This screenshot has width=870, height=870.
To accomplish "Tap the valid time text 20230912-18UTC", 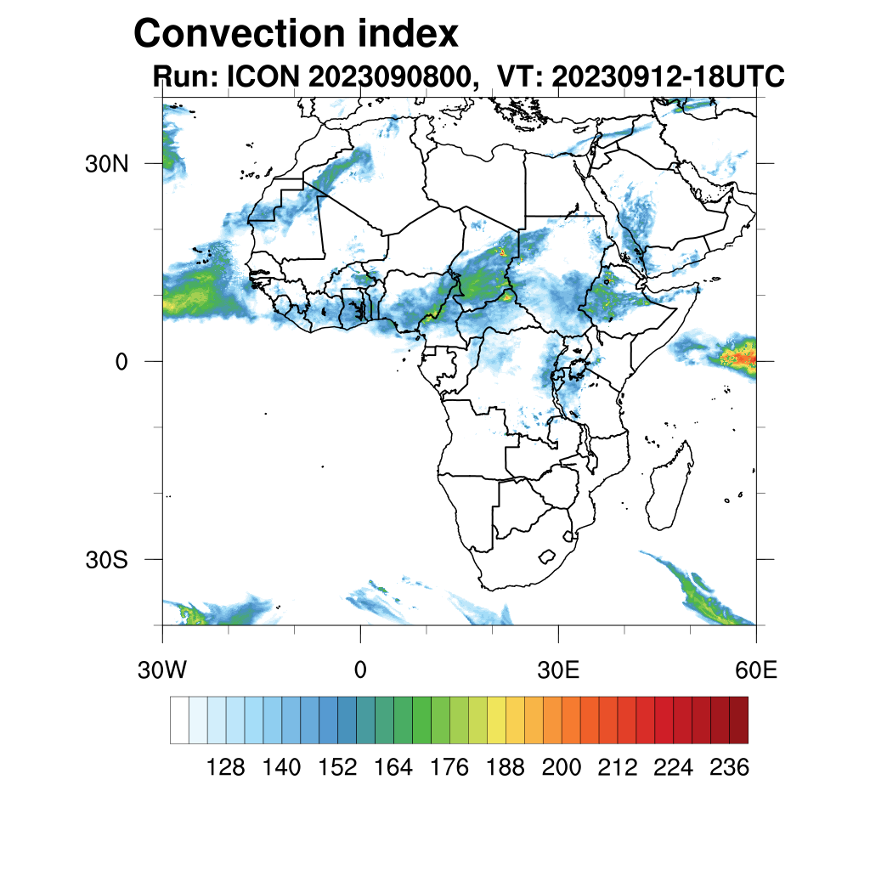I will [x=668, y=76].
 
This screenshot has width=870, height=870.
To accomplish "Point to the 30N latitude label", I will [x=106, y=163].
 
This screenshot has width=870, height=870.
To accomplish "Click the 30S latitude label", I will [x=106, y=560].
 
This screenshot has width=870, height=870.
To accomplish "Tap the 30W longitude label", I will [x=161, y=670].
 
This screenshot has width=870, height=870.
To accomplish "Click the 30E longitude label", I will [x=558, y=670].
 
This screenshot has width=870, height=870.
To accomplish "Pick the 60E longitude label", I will [x=756, y=670].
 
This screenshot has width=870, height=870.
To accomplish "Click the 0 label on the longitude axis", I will [x=360, y=670].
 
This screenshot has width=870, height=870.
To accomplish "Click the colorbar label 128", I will [x=225, y=768].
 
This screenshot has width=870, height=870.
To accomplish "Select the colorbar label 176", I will [x=449, y=768].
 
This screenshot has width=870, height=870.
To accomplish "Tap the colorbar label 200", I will [x=561, y=768].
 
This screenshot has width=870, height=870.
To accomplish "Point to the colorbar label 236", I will [x=729, y=768].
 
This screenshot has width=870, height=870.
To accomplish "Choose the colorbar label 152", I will [x=337, y=768].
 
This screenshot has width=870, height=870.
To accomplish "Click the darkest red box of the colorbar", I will [x=738, y=720].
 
